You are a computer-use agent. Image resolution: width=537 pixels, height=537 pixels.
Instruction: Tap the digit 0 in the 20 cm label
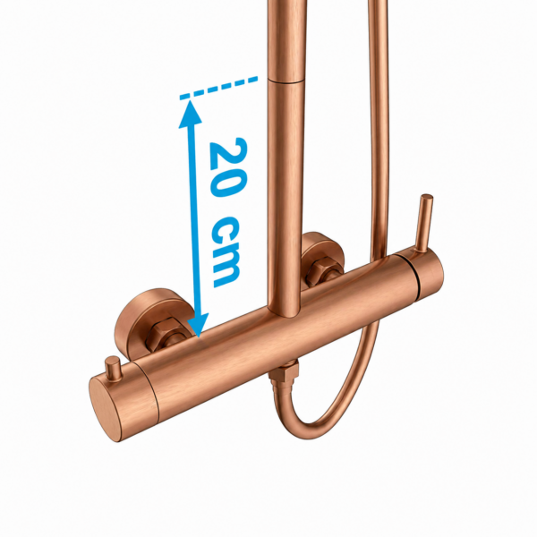click(x=228, y=185)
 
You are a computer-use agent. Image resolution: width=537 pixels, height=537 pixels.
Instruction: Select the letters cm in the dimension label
click(x=226, y=251)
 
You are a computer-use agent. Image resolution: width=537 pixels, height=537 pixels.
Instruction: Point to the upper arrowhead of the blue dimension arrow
click(x=190, y=113)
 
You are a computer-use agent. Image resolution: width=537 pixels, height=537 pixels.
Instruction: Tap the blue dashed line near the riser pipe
click(x=218, y=88)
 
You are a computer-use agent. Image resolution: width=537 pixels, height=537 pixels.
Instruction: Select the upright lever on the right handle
click(x=424, y=224)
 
